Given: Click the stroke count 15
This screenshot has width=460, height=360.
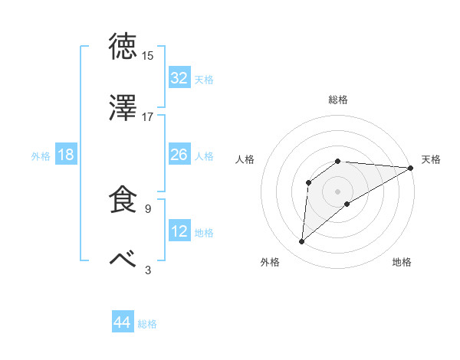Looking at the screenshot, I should [148, 56].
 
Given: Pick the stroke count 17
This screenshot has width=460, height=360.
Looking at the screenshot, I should [148, 117].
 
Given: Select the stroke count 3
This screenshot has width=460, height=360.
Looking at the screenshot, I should [148, 270].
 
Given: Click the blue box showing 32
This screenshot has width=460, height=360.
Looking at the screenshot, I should [179, 78].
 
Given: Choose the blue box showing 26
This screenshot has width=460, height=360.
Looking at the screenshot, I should [179, 155].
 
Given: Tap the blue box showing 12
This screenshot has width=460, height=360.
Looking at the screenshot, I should [179, 232].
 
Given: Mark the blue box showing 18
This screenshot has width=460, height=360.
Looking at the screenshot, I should [66, 155].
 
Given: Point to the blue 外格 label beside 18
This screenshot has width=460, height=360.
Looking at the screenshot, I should [41, 156].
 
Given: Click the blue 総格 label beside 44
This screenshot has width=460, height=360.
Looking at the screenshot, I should [147, 324].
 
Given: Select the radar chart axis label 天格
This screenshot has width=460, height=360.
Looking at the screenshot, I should [431, 159].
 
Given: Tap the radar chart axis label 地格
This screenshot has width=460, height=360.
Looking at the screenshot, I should [402, 262].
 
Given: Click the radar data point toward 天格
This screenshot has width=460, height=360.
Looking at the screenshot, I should [411, 168].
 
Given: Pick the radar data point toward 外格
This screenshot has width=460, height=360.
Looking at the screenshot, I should [302, 242].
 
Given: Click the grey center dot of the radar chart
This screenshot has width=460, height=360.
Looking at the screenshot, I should [338, 191].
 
